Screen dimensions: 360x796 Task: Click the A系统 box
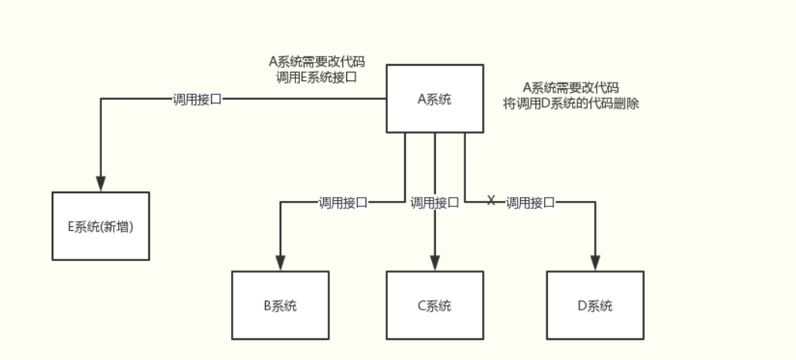[x=435, y=99]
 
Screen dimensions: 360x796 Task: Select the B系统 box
[x=281, y=305]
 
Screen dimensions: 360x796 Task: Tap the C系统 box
[x=435, y=305]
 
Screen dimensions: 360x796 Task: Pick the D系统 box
[x=595, y=305]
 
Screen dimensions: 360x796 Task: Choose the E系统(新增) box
[x=100, y=226]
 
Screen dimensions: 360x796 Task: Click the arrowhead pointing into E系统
[x=100, y=184]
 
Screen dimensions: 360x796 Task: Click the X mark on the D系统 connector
[x=491, y=201]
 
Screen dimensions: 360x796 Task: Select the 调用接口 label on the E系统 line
[x=197, y=99]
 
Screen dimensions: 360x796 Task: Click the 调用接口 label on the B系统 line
[x=343, y=202]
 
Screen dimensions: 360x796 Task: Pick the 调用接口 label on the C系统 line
[x=434, y=202]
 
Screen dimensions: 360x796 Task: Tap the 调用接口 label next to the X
[x=531, y=202]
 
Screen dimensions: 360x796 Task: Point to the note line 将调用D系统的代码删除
[x=571, y=103]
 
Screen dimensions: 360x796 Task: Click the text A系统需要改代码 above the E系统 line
[x=316, y=62]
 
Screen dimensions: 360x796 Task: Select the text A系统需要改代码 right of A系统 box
[x=571, y=87]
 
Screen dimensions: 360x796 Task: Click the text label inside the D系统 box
[x=595, y=305]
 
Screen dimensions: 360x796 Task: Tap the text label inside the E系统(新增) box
[x=100, y=226]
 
